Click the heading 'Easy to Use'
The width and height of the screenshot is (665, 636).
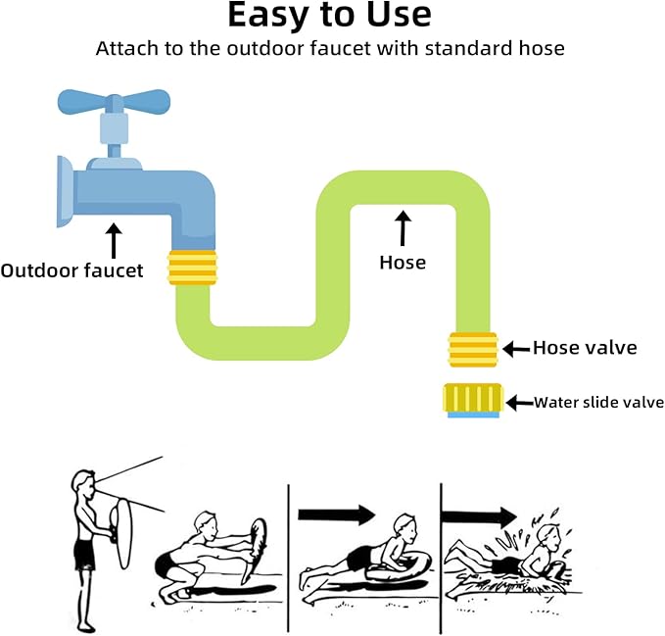click(329, 16)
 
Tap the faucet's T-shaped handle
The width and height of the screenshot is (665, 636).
click(114, 103)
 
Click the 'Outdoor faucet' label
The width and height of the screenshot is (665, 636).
click(71, 270)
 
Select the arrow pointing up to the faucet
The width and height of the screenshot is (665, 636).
click(114, 240)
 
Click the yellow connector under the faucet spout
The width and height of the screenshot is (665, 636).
click(193, 268)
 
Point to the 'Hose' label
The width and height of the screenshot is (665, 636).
click(403, 263)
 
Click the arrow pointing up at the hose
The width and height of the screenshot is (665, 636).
click(403, 228)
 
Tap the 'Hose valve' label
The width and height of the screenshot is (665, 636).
click(585, 348)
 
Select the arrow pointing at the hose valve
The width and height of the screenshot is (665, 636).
click(516, 349)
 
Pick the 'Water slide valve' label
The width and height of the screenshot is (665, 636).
click(598, 402)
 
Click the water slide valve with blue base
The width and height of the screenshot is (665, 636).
click(473, 401)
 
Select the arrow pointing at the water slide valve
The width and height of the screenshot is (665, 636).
click(519, 403)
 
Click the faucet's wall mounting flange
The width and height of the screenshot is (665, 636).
click(65, 192)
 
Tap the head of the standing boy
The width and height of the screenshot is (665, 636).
click(84, 484)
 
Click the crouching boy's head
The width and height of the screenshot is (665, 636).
click(206, 526)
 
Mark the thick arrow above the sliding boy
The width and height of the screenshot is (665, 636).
click(337, 515)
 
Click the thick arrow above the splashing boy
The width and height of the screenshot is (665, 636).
click(479, 516)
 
